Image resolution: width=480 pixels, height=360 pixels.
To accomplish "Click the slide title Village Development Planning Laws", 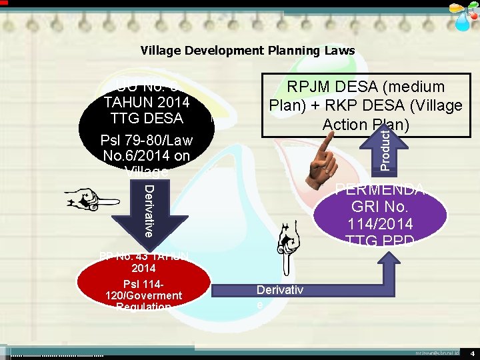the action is tap(247, 51).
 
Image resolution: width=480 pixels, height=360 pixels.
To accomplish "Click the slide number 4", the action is tap(471, 351).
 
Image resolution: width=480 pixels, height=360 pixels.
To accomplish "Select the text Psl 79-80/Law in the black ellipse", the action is tap(146, 141).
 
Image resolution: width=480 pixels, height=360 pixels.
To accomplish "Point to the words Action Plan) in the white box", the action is tap(365, 124).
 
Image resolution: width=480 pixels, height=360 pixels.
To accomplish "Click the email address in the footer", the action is tap(437, 351).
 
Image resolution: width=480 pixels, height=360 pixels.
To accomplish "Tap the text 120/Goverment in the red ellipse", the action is tap(143, 295).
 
